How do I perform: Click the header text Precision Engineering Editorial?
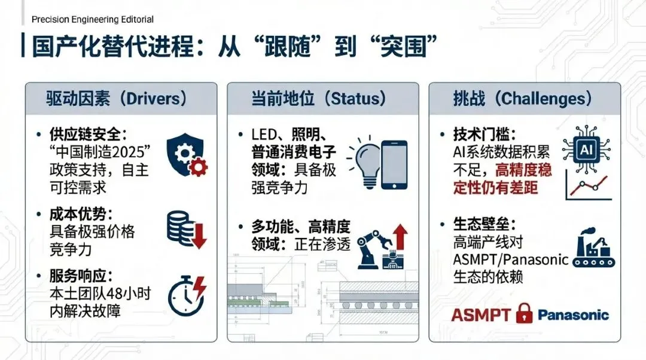pos(92,19)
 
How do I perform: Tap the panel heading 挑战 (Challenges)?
pos(522,99)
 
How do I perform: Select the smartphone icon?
pos(394,165)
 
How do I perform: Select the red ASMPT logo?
pos(480,315)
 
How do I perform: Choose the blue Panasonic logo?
pos(572,315)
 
